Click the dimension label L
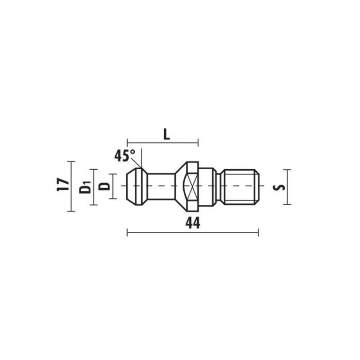166,135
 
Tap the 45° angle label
125,156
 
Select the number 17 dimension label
63,184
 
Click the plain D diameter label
104,186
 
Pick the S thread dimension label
279,187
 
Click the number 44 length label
193,223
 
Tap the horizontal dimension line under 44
193,232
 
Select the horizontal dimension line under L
162,143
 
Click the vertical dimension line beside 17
71,186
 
